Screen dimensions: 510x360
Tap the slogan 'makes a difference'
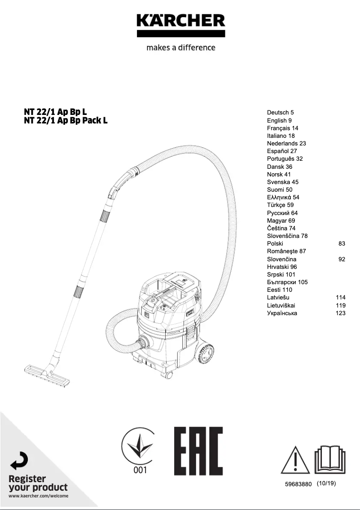coord(180,48)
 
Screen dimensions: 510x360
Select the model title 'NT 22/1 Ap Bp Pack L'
coord(66,120)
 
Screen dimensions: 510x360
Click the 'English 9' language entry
coord(279,120)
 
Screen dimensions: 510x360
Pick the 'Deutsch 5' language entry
coord(280,113)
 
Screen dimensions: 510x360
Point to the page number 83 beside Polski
coord(342,244)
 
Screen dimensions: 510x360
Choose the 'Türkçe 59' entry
coord(280,205)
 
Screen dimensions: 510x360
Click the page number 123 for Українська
coord(340,313)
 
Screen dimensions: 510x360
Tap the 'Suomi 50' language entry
coord(279,190)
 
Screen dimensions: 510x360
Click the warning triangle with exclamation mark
coord(295,461)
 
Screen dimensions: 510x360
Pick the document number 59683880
coord(298,484)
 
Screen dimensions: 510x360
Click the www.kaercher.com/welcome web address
coord(38,496)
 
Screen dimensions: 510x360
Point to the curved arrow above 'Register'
coord(20,461)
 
